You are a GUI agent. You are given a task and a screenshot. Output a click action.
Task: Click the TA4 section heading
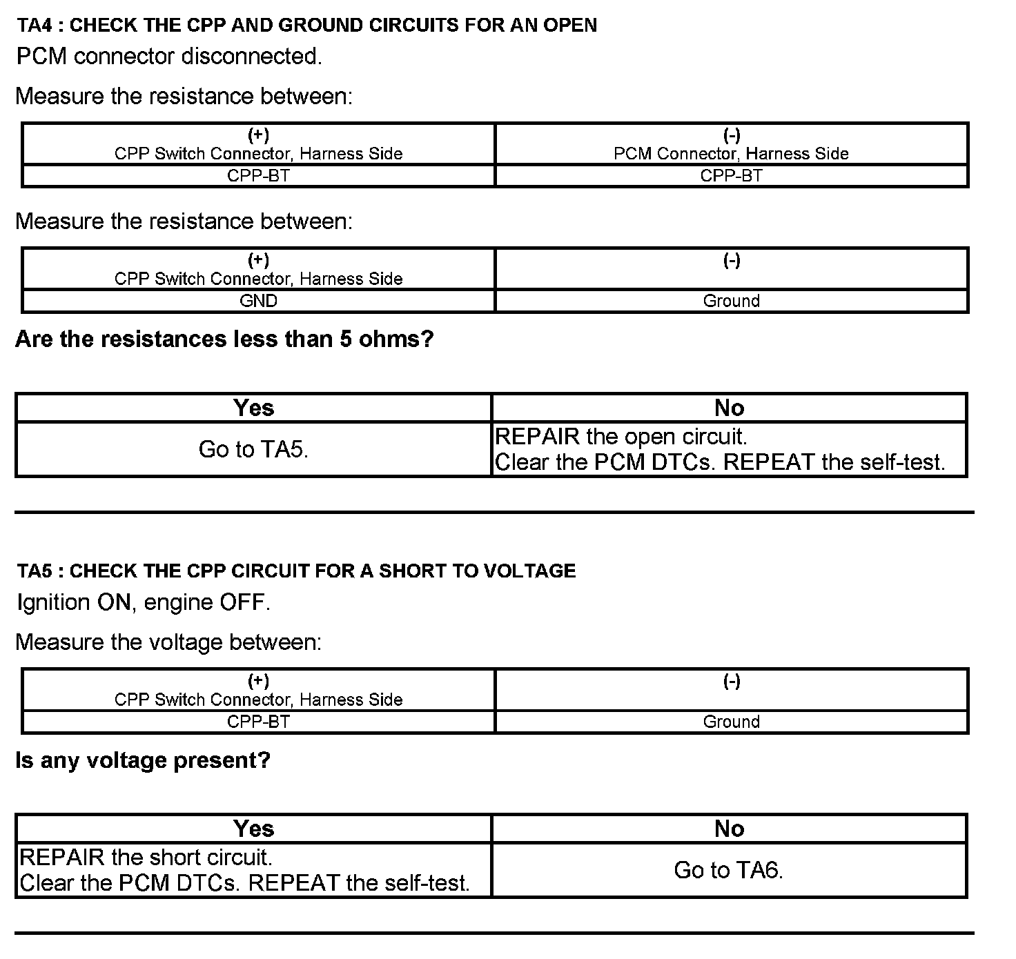coord(307,26)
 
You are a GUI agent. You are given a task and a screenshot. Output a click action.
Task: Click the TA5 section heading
coord(296,571)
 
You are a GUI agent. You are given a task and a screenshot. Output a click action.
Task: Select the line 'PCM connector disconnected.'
coord(169,57)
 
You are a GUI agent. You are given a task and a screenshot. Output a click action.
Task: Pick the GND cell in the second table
coord(258,301)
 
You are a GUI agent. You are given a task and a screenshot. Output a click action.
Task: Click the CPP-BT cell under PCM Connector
coord(731,176)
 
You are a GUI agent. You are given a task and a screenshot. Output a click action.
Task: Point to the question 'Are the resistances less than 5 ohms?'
coord(224,339)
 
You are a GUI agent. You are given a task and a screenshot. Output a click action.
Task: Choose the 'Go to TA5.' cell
coord(253,449)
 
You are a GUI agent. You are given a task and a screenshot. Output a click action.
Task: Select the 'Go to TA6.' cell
coord(729,870)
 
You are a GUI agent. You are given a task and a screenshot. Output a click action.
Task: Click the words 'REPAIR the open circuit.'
coord(621,437)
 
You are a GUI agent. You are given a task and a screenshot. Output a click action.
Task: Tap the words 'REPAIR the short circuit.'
coord(146,858)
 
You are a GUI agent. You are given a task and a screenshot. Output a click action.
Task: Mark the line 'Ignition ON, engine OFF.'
coord(144,602)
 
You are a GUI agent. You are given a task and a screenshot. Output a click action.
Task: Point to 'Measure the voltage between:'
coord(168,642)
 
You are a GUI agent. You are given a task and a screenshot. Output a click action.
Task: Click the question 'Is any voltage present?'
coord(143,760)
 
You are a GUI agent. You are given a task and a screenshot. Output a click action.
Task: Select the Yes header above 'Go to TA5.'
coord(253,408)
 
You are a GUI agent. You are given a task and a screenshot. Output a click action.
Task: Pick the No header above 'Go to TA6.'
coord(729,829)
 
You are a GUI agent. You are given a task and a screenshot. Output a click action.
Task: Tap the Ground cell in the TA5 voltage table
coord(731,722)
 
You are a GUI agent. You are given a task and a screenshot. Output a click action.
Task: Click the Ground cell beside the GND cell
coord(731,301)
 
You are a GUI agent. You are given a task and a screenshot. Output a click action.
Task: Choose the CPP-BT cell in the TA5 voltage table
coord(258,722)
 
